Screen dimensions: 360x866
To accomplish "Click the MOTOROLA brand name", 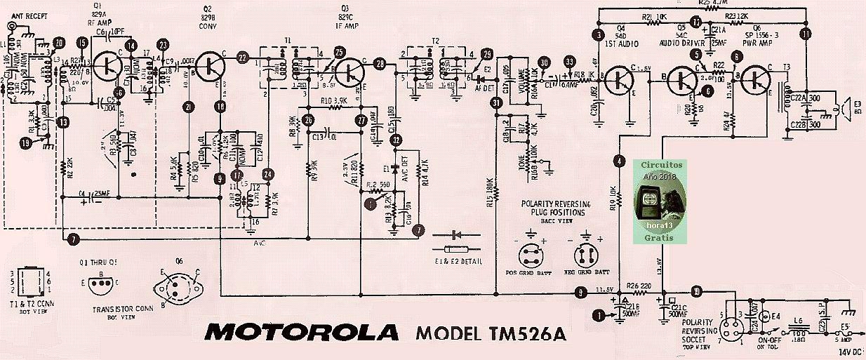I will click(x=302, y=332).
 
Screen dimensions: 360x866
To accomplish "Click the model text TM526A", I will click(x=491, y=333).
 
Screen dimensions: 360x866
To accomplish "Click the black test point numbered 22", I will click(x=243, y=58).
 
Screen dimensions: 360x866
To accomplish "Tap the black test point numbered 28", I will click(x=380, y=65).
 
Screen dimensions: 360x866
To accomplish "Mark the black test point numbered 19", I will click(x=26, y=144).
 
